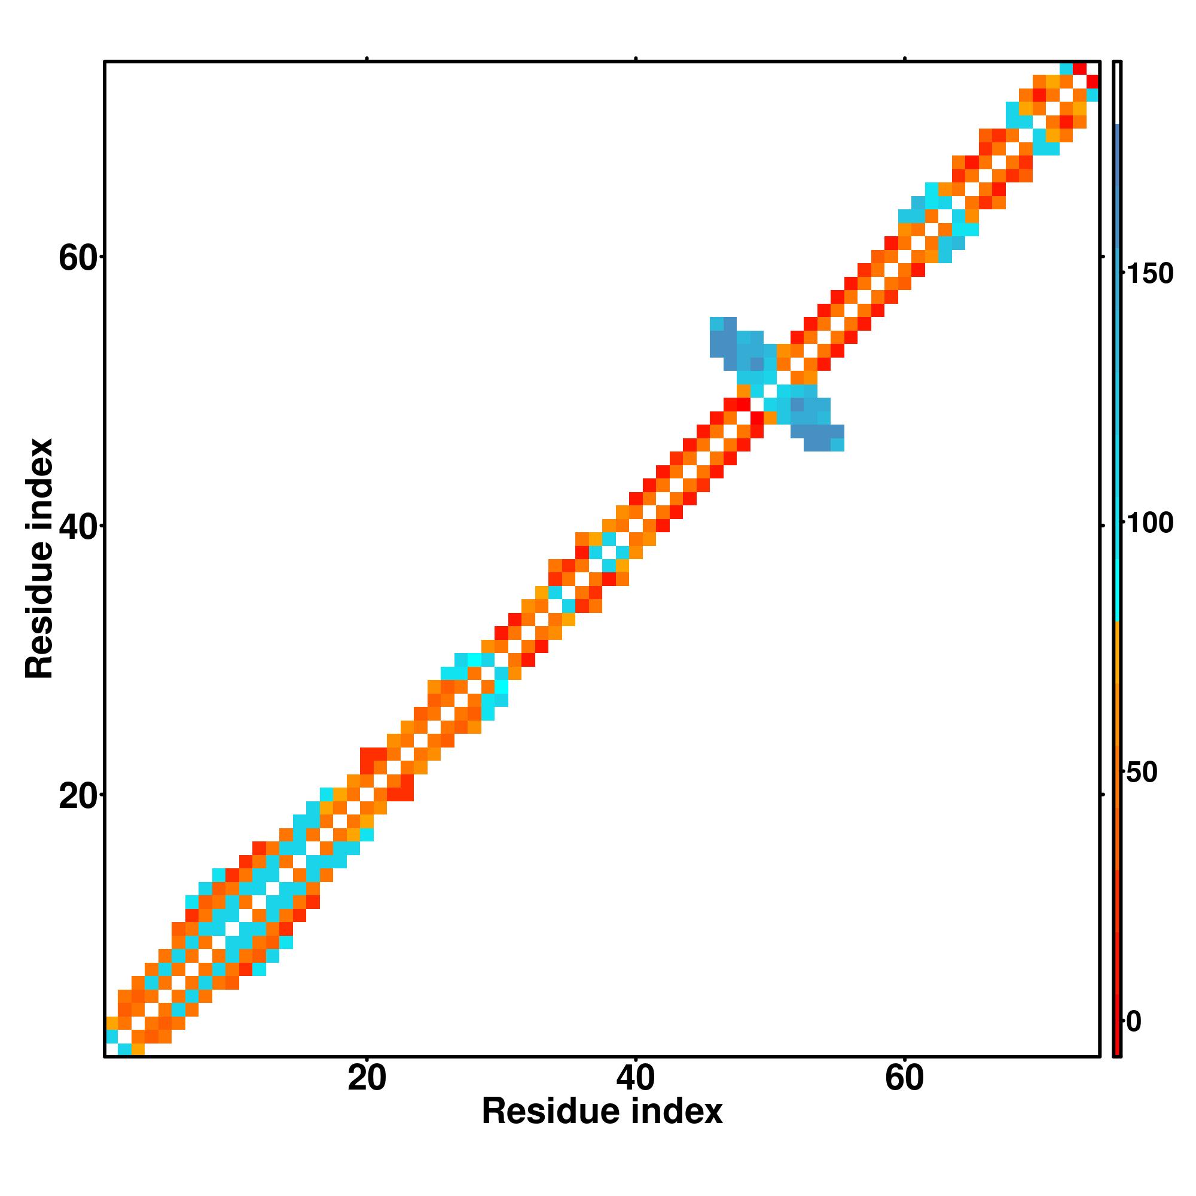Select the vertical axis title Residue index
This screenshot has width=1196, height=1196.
(x=39, y=559)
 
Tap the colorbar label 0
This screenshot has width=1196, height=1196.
(x=1133, y=1021)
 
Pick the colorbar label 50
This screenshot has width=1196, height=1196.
(x=1142, y=773)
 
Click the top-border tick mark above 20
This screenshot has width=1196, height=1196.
(x=367, y=59)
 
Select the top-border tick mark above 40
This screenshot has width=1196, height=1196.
(x=635, y=59)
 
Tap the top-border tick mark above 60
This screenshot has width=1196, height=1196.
(x=904, y=59)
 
